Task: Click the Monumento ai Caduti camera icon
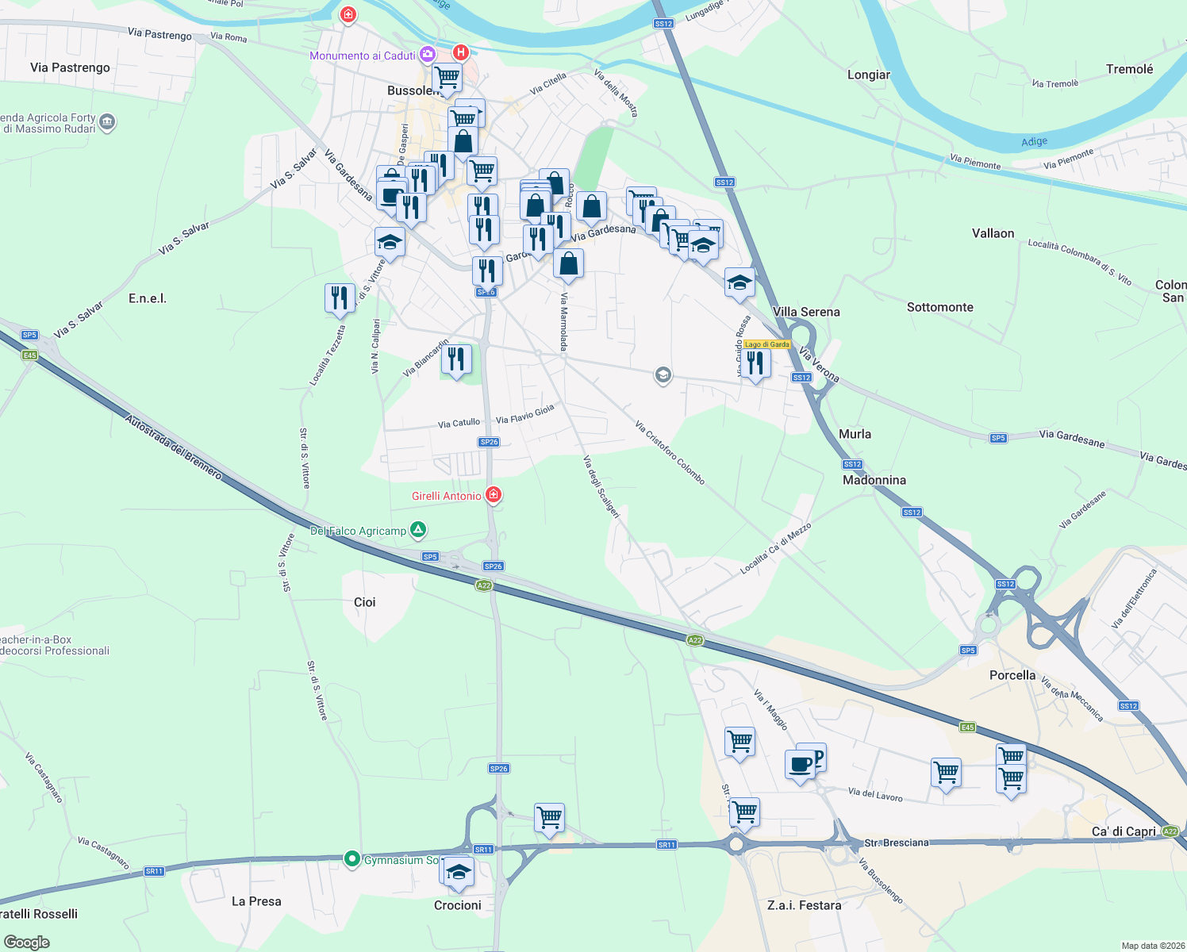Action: coord(428,54)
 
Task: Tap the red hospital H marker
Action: coord(460,52)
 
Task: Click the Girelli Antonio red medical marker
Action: coord(494,495)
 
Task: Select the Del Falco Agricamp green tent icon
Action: coord(418,530)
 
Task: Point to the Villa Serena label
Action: coord(806,312)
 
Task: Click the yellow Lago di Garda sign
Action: coord(767,344)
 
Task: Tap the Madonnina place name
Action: coord(874,480)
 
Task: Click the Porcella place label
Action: coord(1012,675)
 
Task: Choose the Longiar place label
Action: coord(869,75)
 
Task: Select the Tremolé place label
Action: coord(1129,69)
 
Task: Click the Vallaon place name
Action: coord(993,233)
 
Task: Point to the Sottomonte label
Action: coord(940,307)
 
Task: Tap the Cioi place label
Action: coord(365,602)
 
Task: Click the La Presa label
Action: coord(256,901)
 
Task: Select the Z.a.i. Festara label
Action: coord(805,905)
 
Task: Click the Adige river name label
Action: coord(1034,142)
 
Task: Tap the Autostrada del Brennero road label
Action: coord(174,445)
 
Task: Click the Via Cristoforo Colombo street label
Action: coord(670,452)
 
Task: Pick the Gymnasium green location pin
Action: coord(351,859)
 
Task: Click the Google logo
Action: coord(27,942)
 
